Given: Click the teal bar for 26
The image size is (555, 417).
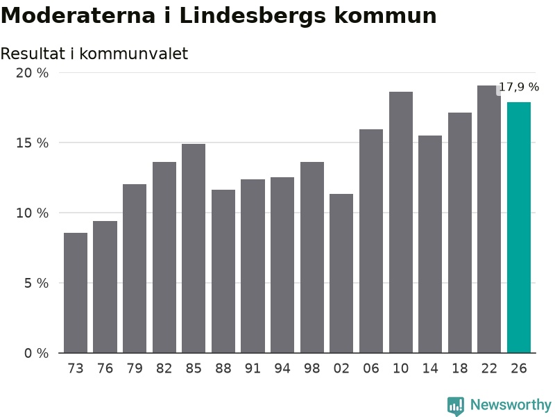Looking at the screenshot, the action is (x=518, y=227).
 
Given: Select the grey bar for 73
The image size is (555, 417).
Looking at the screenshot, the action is (x=76, y=293).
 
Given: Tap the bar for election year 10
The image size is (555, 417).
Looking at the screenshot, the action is (x=401, y=222).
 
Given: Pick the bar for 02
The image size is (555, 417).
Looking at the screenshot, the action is (x=341, y=273).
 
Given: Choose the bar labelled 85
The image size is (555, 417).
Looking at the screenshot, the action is (x=194, y=248).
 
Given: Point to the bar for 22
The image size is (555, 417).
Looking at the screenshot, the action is (x=489, y=219).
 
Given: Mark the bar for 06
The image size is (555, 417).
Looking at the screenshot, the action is (x=371, y=241).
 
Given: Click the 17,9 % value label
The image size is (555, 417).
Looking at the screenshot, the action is (x=519, y=87).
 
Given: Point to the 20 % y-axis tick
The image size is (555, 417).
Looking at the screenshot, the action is (x=32, y=73).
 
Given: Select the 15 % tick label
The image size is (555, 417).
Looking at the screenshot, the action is (x=32, y=143).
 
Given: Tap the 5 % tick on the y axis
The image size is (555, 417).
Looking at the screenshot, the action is (x=36, y=283).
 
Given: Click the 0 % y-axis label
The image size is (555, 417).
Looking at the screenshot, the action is (x=36, y=353).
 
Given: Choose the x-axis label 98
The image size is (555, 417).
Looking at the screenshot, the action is (x=311, y=368).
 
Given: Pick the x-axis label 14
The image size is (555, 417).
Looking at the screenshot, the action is (x=430, y=368).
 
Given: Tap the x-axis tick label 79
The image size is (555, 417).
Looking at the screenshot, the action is (x=135, y=368).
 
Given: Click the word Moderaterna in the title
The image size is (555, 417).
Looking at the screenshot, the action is (x=78, y=15).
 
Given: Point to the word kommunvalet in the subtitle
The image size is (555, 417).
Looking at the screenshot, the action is (x=133, y=54).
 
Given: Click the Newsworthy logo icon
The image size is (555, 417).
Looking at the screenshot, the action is (x=456, y=405).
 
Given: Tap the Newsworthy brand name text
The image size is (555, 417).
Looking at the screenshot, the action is (x=511, y=404).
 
